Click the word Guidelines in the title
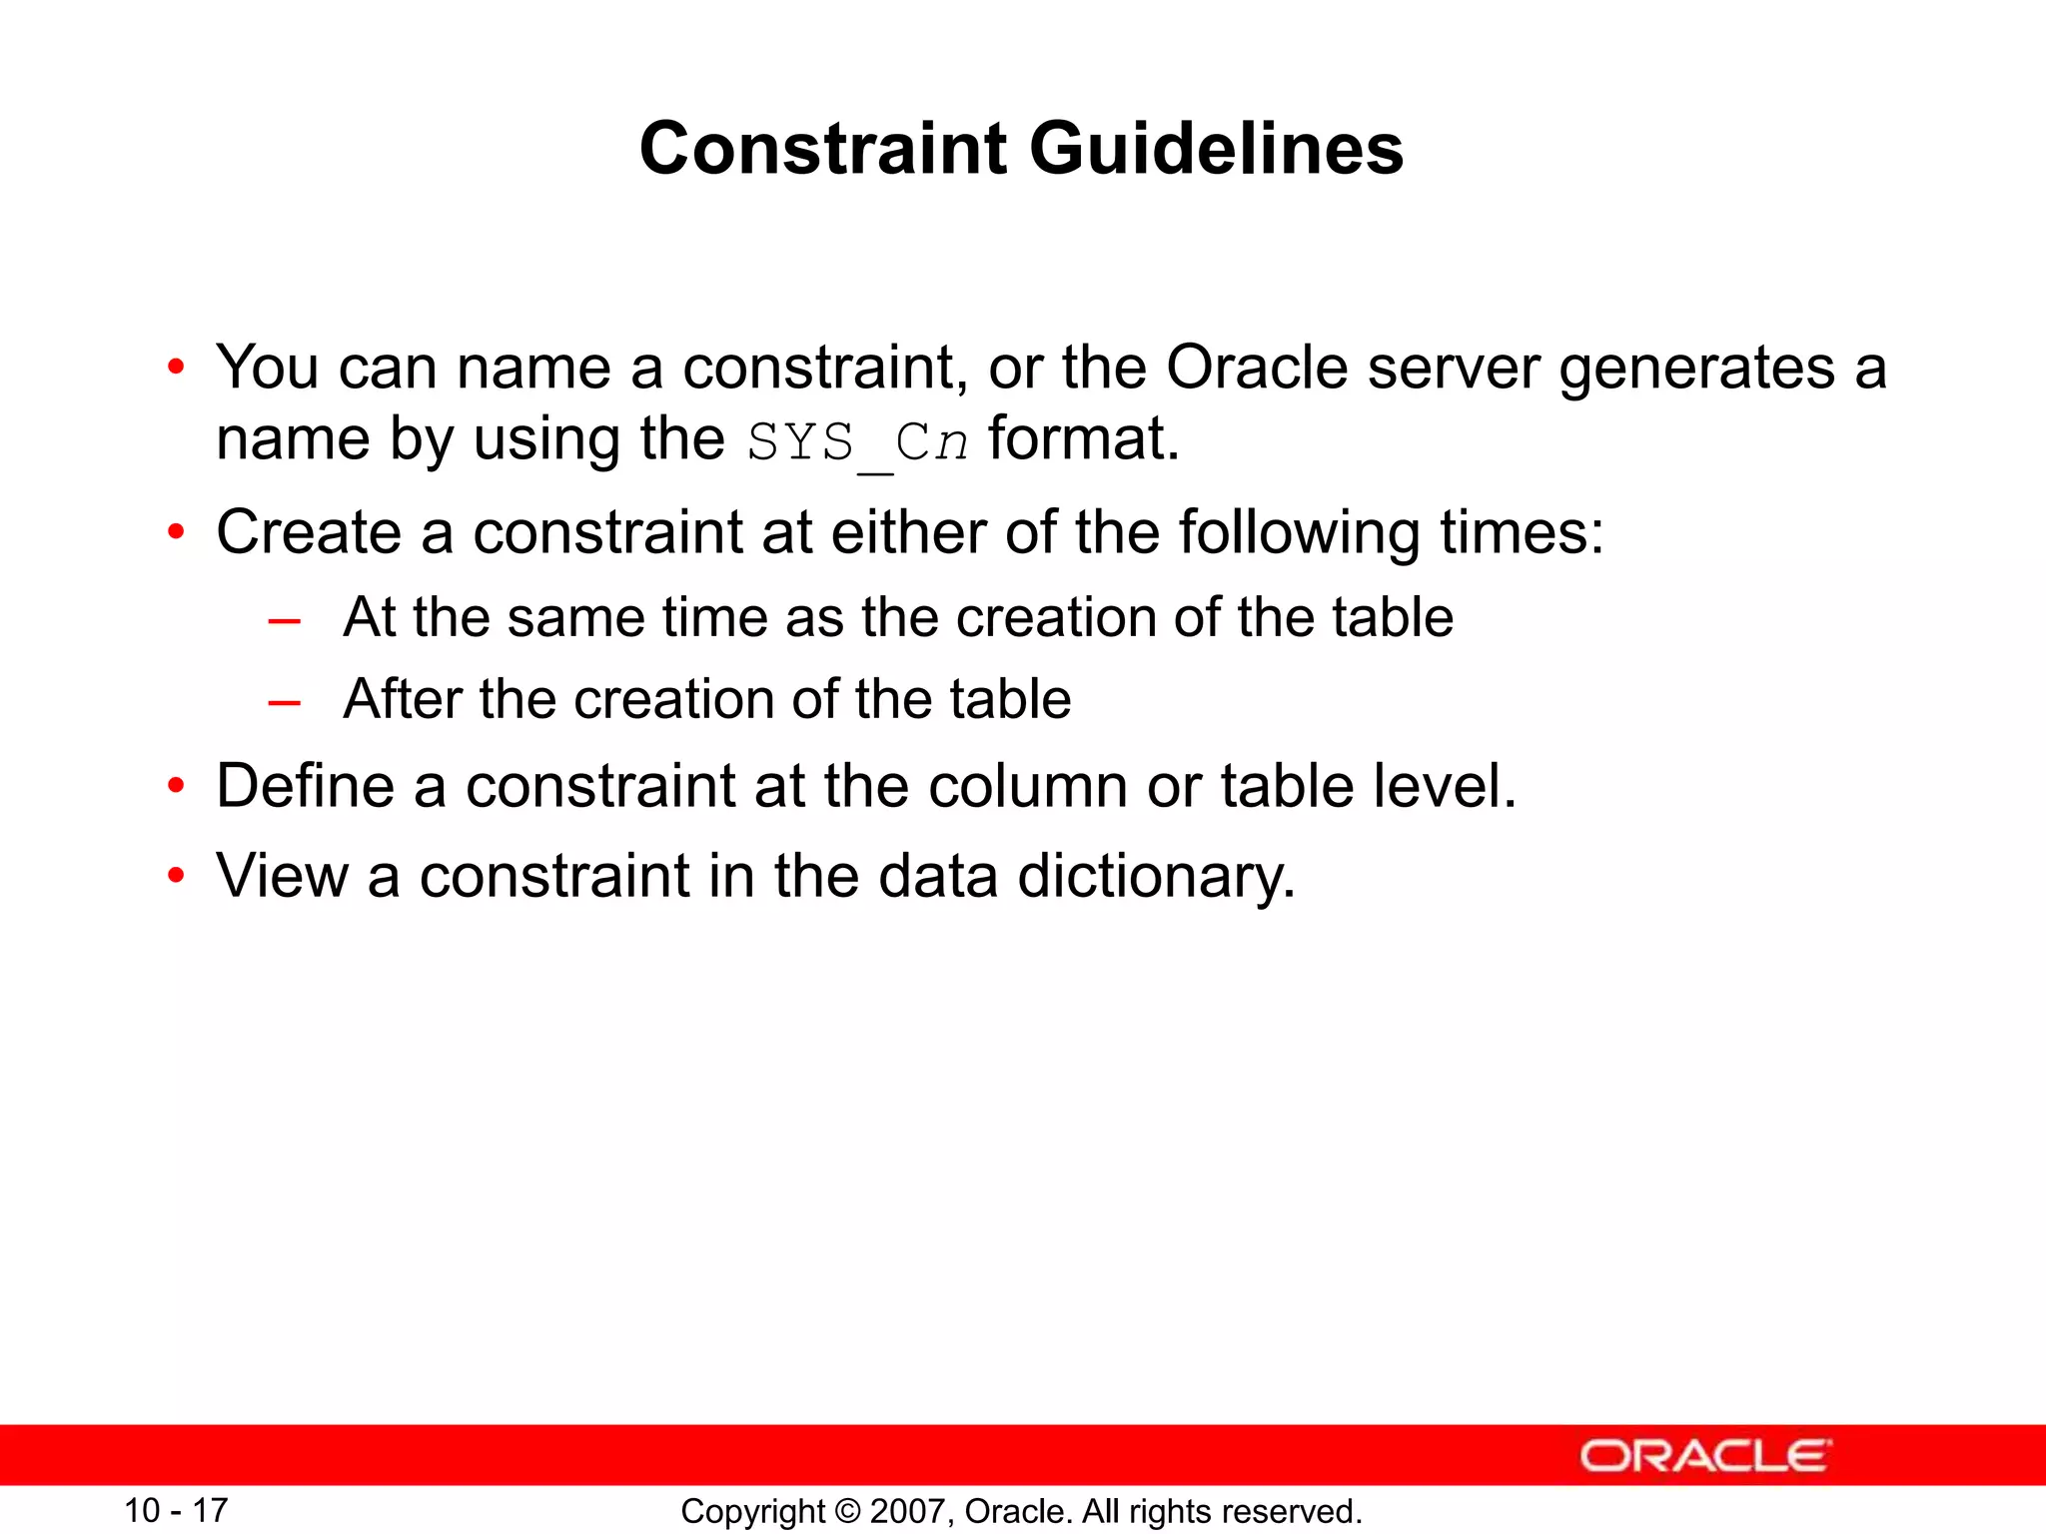(x=1216, y=148)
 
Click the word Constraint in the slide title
(x=824, y=148)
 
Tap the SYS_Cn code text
(x=857, y=441)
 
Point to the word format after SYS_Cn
(x=1083, y=438)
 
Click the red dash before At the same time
(x=285, y=621)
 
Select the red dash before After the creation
(x=285, y=703)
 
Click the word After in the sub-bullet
(x=401, y=698)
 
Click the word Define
(x=305, y=785)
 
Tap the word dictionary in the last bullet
(x=1156, y=876)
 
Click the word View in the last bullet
(x=282, y=876)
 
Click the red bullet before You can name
(x=176, y=368)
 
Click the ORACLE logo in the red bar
(x=1704, y=1456)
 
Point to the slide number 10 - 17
(x=176, y=1510)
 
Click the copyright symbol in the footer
(x=847, y=1511)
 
